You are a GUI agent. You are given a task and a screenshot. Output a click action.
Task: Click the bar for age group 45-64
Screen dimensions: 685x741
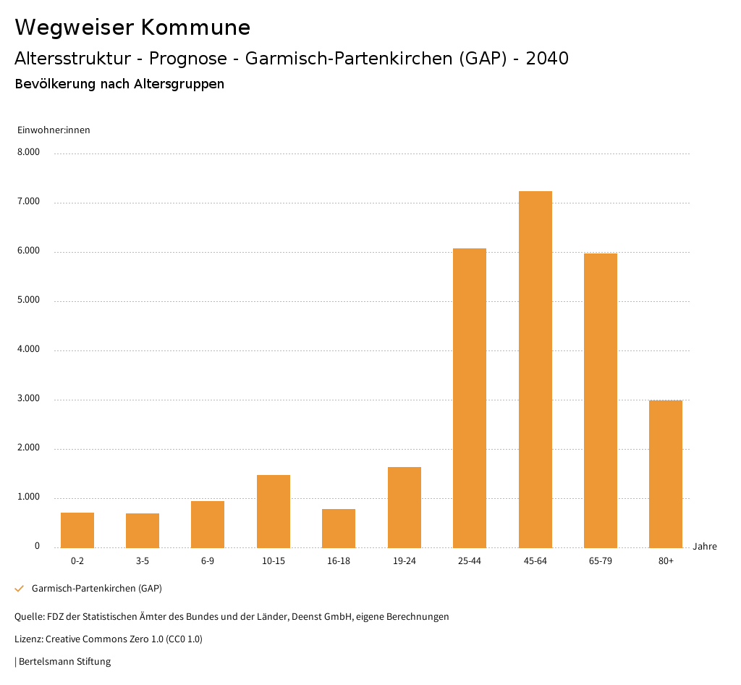tap(535, 369)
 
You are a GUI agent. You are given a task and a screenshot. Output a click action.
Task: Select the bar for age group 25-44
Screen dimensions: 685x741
tap(470, 398)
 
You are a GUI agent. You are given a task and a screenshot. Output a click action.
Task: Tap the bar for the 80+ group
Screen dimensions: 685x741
tap(666, 474)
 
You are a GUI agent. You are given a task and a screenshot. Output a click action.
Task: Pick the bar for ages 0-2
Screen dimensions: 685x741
tap(77, 530)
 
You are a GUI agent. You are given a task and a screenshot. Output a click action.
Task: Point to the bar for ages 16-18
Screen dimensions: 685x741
tap(339, 528)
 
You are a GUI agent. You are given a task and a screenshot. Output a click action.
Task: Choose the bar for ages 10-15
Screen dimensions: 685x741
tap(274, 511)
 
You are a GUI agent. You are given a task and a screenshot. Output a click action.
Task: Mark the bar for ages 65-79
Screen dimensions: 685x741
tap(601, 400)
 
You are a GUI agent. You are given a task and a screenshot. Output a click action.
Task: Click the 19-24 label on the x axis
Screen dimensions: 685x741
tap(405, 561)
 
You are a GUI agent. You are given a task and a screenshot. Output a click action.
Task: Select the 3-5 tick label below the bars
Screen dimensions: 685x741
tap(143, 561)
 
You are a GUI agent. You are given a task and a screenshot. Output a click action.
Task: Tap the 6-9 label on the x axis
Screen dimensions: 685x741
tap(208, 561)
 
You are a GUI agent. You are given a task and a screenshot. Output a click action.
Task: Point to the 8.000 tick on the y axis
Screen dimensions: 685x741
tap(28, 153)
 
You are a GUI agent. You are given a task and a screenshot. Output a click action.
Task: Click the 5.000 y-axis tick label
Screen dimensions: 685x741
tap(28, 301)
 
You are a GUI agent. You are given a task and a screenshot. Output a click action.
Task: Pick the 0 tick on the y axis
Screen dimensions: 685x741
tap(37, 547)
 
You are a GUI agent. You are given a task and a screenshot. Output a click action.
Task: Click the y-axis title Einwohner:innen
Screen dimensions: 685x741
tap(54, 130)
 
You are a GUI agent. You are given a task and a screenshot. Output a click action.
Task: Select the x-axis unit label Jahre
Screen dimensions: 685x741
tap(705, 547)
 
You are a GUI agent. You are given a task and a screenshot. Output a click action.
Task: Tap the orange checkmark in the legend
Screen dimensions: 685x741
tap(20, 589)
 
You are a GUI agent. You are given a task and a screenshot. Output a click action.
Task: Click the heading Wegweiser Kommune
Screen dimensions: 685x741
tap(132, 28)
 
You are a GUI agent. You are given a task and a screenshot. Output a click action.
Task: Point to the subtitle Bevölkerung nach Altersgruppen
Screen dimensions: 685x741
tap(119, 84)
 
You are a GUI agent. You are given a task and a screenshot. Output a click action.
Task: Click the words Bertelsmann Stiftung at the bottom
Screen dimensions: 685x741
tap(64, 661)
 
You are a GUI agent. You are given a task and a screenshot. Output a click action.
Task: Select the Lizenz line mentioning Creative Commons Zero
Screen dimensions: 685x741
tap(109, 639)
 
